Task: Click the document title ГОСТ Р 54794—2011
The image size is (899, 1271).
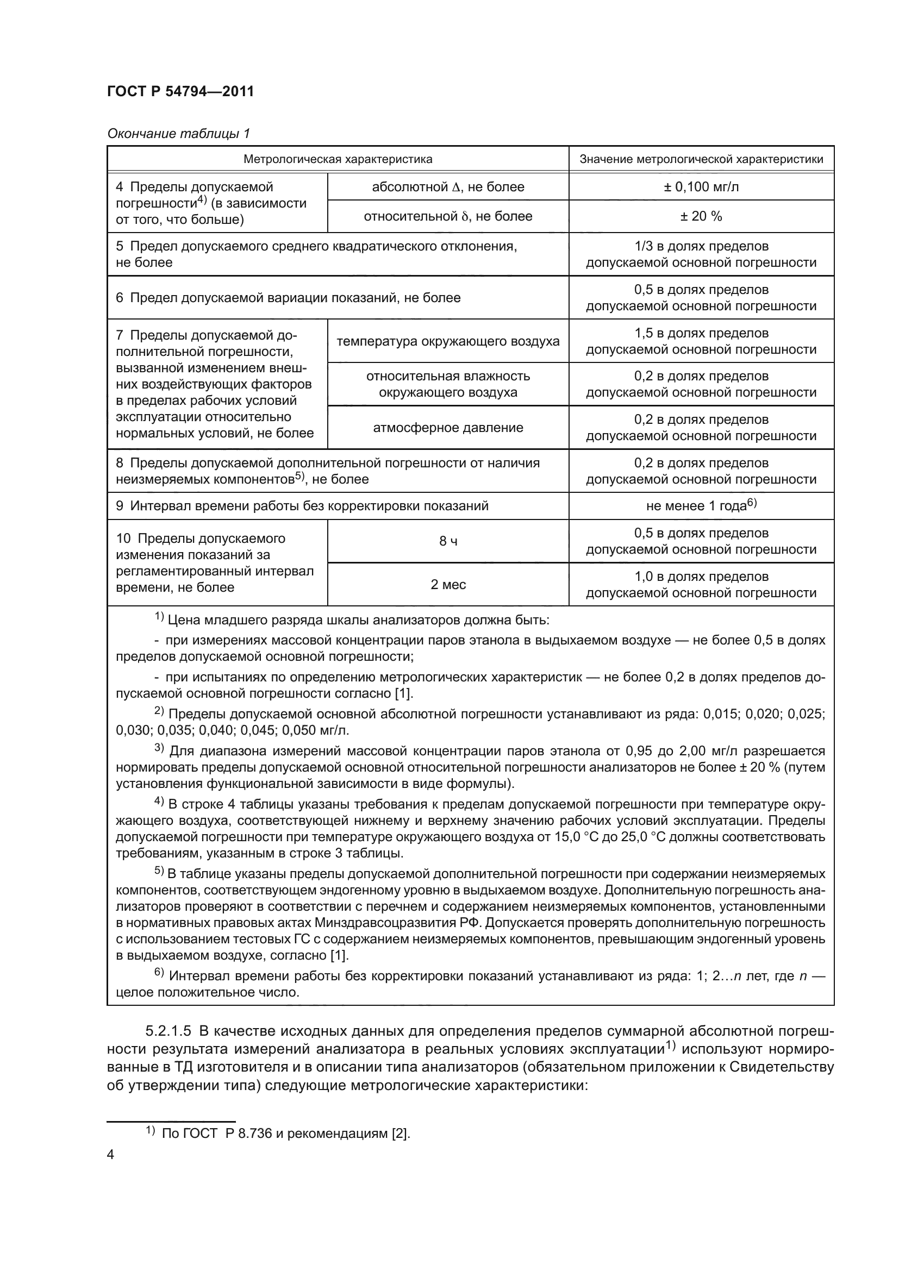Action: (x=180, y=91)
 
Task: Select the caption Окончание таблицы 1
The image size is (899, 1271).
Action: (x=178, y=134)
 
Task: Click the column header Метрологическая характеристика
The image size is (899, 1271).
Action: (x=338, y=159)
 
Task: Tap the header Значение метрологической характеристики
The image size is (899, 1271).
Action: (x=701, y=159)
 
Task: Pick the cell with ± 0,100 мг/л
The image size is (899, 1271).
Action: (x=701, y=187)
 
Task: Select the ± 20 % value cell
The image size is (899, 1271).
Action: (x=701, y=216)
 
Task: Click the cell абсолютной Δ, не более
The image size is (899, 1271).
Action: (x=448, y=187)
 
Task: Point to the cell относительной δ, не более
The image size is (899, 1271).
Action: (x=448, y=216)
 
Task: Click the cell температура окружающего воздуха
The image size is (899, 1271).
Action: (x=448, y=342)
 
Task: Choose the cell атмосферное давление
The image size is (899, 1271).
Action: (x=448, y=428)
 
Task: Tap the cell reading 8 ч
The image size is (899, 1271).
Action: (x=448, y=541)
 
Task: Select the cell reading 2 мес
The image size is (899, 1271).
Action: (x=448, y=585)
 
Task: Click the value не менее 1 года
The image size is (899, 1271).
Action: (x=701, y=506)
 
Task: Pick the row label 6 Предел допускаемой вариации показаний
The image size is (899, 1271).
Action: (x=288, y=298)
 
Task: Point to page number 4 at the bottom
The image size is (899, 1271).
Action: (x=111, y=1155)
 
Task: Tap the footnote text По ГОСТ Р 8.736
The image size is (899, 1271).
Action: (x=285, y=1134)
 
